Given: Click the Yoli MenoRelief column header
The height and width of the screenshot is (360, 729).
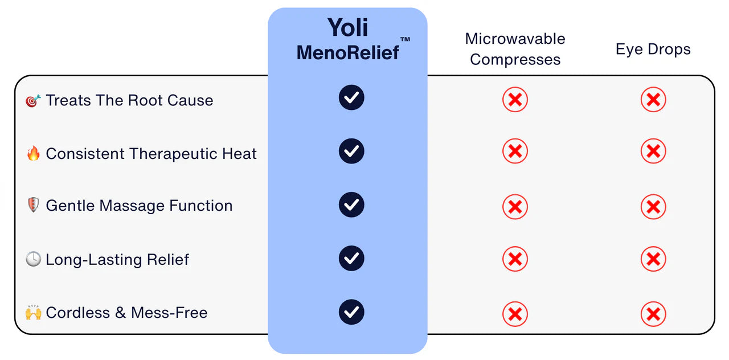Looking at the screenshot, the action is [x=348, y=39].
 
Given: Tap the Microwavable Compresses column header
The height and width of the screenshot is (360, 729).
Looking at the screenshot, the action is [x=515, y=49].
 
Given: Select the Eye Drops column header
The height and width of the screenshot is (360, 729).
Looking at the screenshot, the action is [x=653, y=50].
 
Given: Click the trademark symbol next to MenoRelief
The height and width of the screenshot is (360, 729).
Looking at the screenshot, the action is [x=405, y=39].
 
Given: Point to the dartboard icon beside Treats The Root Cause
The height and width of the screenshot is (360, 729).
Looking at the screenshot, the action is [x=33, y=101].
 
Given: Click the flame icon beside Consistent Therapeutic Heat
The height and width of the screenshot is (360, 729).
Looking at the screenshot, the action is [x=34, y=153].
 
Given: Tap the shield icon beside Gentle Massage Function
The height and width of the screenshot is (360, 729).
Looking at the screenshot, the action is [x=33, y=205].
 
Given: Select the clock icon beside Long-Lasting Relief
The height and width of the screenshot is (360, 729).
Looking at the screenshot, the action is [x=33, y=259].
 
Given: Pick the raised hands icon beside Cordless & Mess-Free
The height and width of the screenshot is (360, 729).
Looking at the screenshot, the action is [x=34, y=312].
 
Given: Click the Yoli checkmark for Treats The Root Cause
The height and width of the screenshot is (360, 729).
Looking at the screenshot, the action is [x=351, y=97].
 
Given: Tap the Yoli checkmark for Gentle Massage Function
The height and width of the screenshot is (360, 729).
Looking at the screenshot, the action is [x=351, y=204].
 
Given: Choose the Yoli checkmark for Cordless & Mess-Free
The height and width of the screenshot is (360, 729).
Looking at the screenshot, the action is [x=351, y=312].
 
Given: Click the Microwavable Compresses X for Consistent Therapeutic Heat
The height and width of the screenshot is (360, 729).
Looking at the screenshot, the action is [x=515, y=152].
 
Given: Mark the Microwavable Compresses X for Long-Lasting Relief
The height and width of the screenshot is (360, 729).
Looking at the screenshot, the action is [x=515, y=259].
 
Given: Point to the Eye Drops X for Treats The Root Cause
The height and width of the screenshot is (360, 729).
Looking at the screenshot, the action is [x=653, y=100].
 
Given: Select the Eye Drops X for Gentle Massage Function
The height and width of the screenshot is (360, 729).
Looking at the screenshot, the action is [x=653, y=207].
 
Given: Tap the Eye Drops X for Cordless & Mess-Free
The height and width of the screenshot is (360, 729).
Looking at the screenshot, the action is [x=653, y=314].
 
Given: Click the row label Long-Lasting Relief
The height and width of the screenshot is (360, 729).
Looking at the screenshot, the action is [x=117, y=260].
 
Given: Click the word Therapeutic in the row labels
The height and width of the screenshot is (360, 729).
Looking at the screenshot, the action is [x=173, y=154].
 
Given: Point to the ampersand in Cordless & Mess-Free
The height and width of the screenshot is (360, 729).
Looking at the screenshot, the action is [x=120, y=313].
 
